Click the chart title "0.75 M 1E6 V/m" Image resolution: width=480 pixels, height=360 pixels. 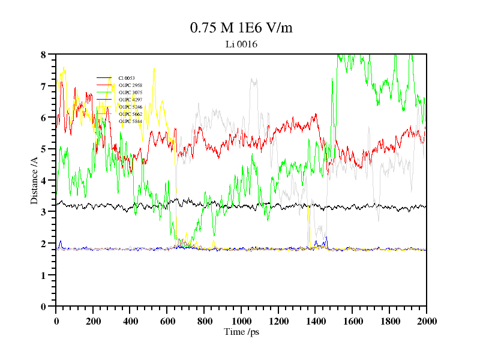click(x=241, y=28)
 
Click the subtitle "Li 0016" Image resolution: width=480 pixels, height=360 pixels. click(x=241, y=44)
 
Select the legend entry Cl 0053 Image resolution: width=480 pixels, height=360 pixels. click(x=126, y=78)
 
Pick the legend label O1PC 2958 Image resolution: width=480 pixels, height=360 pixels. click(x=130, y=85)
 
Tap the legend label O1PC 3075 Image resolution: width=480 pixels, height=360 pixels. click(x=130, y=92)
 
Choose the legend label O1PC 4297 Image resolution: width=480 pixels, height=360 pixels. click(x=130, y=100)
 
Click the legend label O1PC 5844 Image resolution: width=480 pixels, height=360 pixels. click(x=130, y=121)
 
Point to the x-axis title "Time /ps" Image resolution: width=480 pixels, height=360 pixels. click(x=241, y=331)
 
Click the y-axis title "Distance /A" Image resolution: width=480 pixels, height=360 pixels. click(x=35, y=181)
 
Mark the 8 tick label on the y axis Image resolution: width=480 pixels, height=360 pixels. click(x=43, y=55)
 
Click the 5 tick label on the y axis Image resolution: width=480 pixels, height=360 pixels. click(x=43, y=149)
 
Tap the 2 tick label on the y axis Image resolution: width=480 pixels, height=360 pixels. click(x=43, y=243)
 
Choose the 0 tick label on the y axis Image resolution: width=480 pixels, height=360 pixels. click(x=43, y=306)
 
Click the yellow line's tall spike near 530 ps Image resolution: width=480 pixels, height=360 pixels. click(x=154, y=69)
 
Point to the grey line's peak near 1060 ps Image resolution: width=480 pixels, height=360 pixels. click(x=253, y=79)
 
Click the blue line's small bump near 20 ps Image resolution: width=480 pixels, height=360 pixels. click(x=60, y=241)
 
